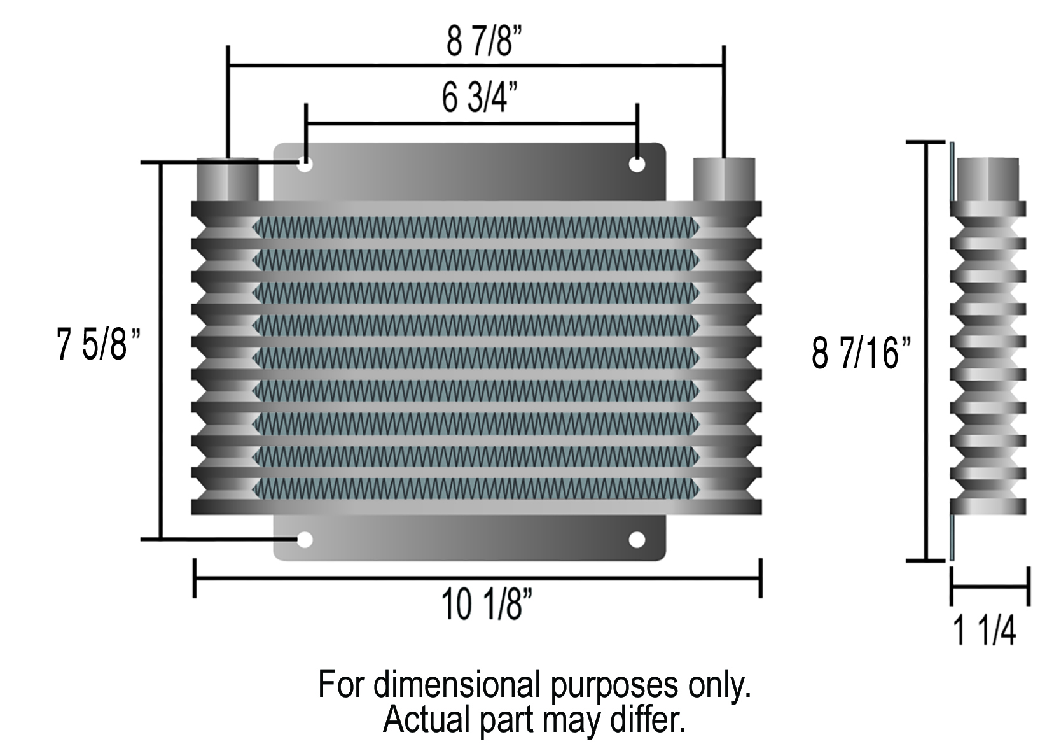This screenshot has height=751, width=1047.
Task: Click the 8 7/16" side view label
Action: [862, 354]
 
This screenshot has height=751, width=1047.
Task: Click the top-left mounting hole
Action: [305, 164]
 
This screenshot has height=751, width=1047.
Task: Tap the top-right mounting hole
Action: [637, 164]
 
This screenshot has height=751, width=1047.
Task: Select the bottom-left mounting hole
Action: [305, 540]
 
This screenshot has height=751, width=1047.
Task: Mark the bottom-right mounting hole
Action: [637, 540]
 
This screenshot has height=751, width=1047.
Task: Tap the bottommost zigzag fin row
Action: [476, 488]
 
